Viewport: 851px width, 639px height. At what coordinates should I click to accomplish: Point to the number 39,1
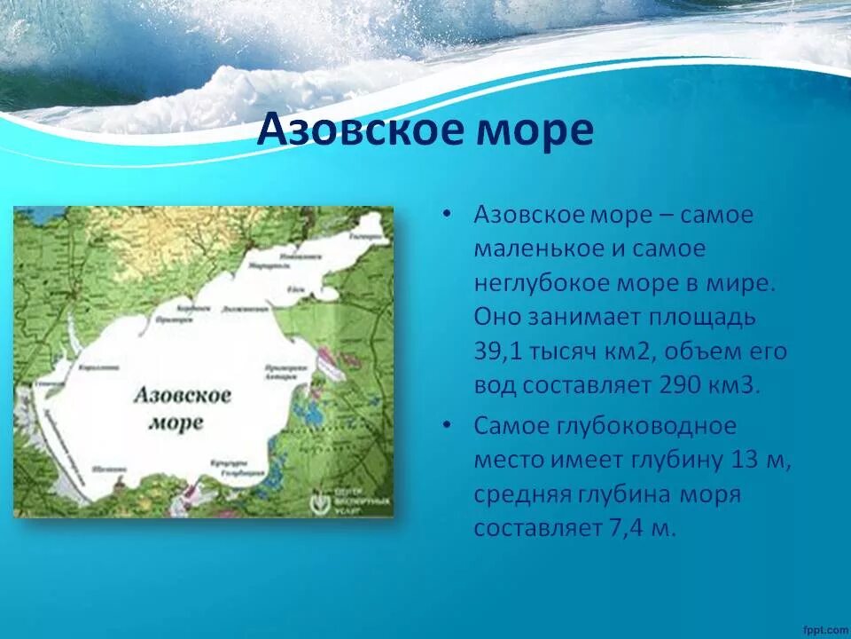(x=499, y=352)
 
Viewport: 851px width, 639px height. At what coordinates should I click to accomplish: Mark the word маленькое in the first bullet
(x=538, y=249)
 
